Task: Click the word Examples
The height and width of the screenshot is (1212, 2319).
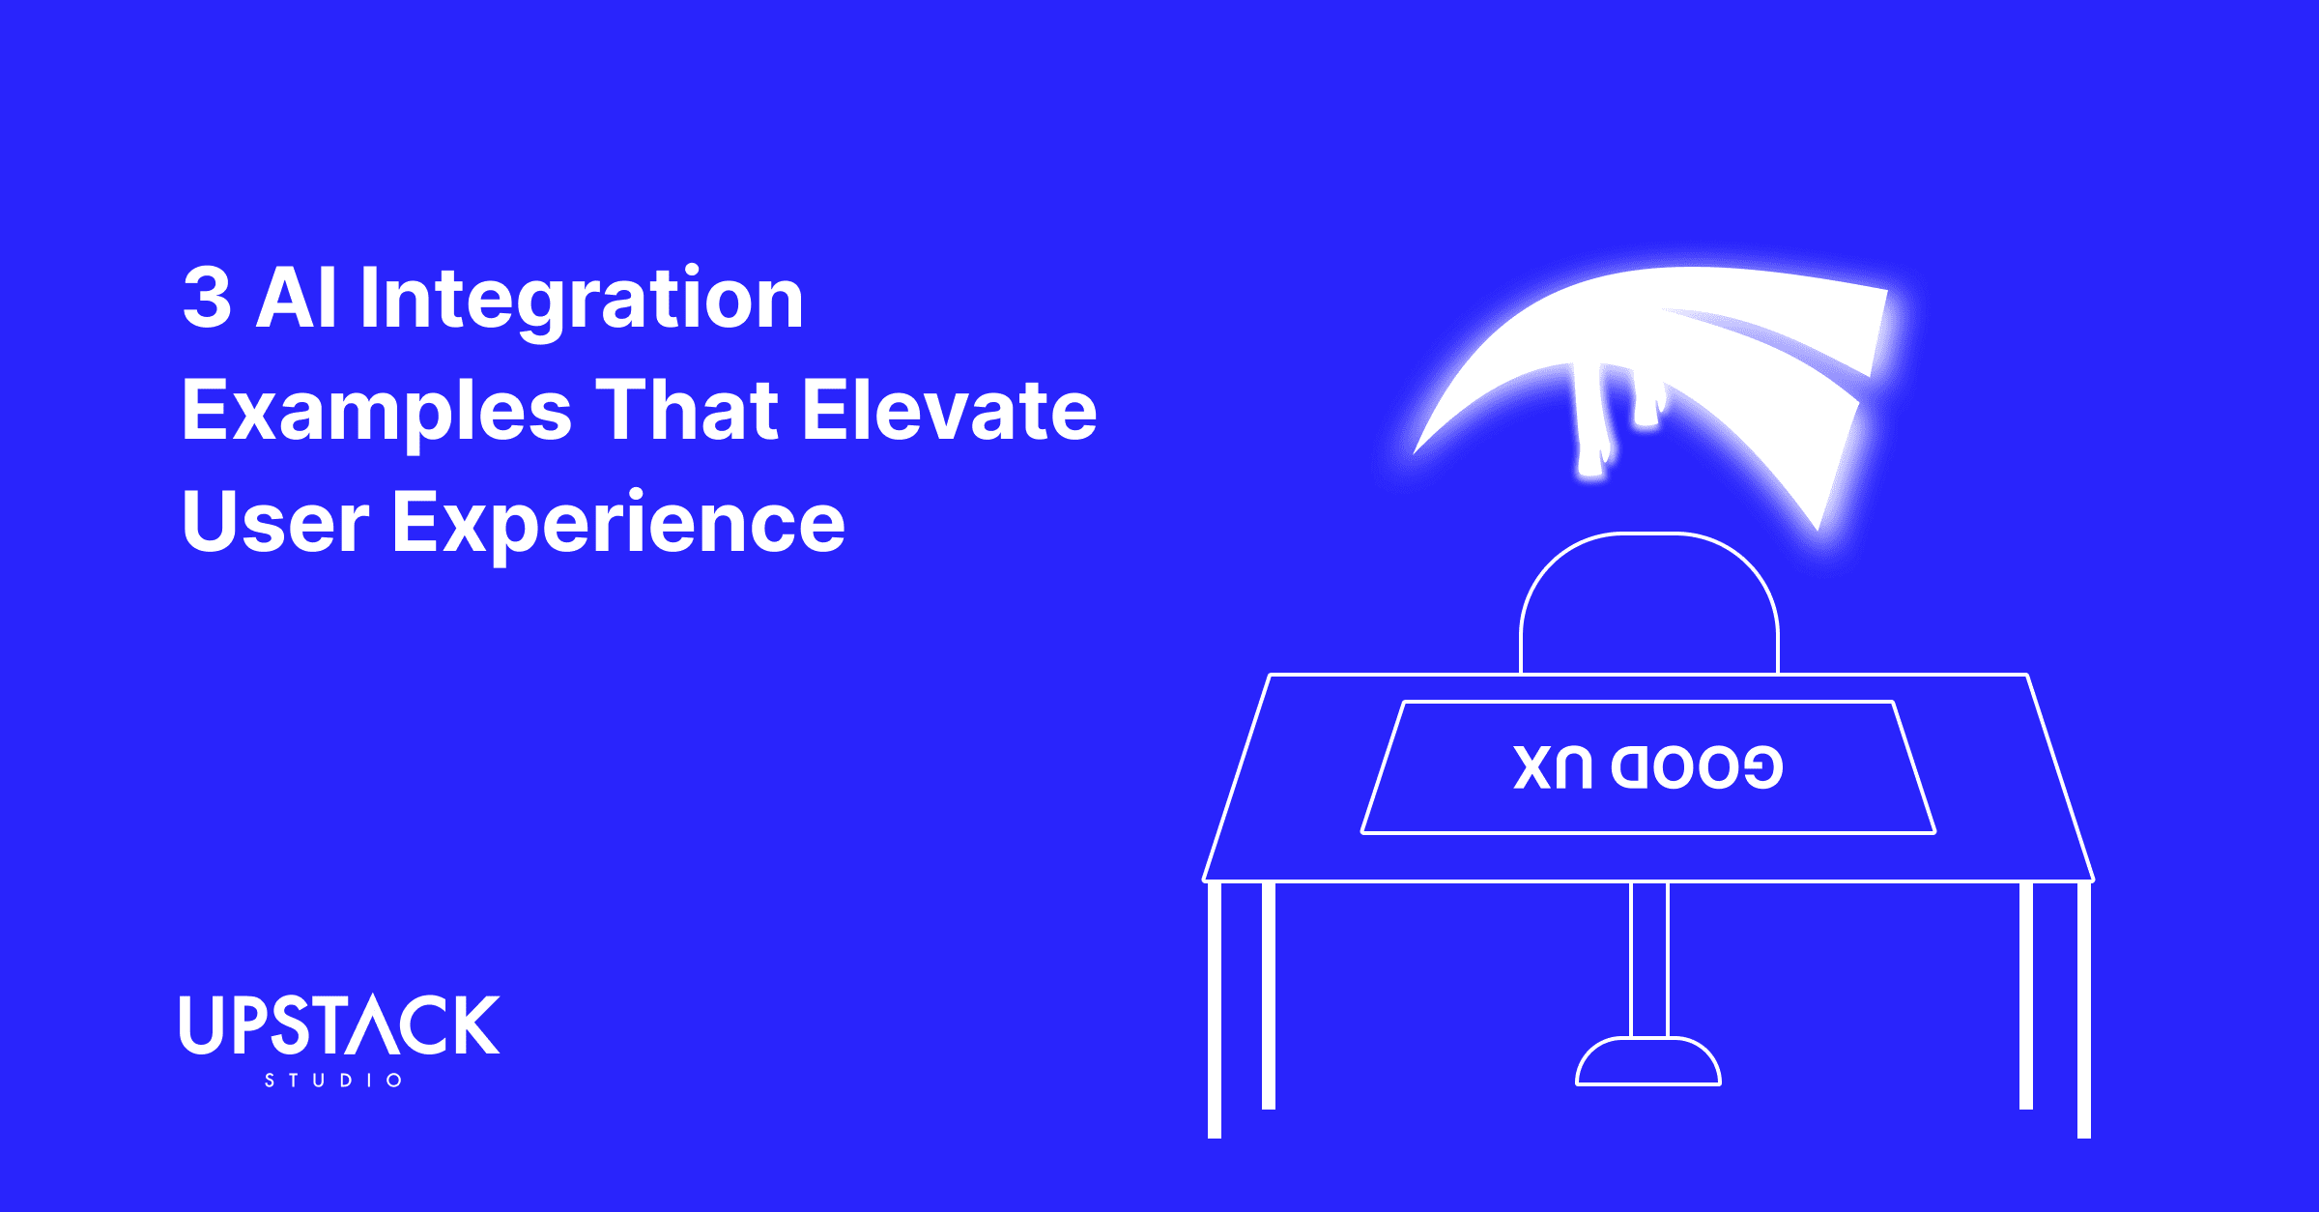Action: pos(377,412)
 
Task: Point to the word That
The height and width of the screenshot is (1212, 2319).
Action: pos(686,410)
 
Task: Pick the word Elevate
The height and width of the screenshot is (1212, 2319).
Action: pos(949,410)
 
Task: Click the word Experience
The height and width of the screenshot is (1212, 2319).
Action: pos(618,524)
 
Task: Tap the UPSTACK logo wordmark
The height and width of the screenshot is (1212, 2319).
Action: pos(339,1024)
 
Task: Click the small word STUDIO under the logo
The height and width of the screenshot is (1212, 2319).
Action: pos(333,1081)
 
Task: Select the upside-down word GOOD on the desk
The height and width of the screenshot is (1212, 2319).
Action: pos(1697,768)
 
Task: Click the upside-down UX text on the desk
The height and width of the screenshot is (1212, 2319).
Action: pos(1553,768)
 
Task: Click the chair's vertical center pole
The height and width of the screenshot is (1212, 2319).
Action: pos(1648,957)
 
